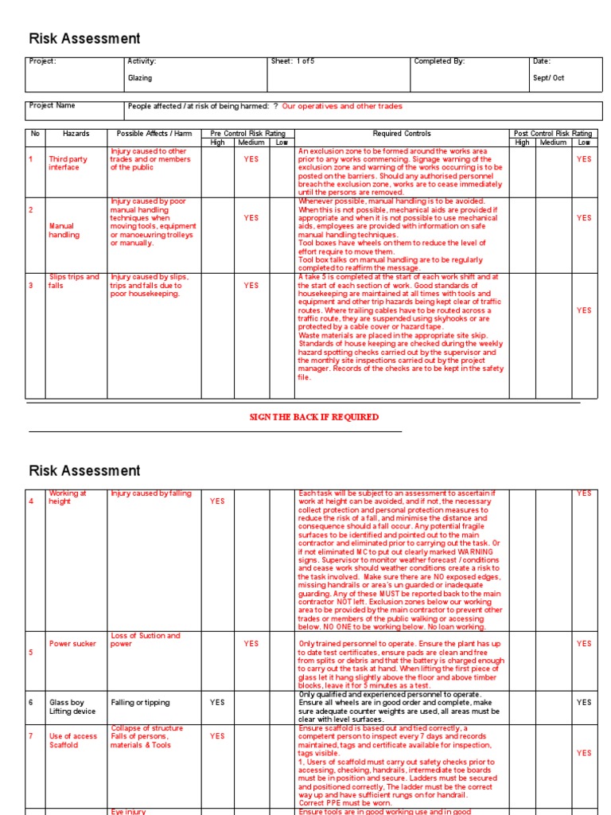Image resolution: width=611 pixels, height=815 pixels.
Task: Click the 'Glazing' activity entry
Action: [x=140, y=78]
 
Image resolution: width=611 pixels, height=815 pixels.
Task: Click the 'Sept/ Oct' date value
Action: [x=548, y=78]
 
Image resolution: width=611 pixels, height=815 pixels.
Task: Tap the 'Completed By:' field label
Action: [x=439, y=61]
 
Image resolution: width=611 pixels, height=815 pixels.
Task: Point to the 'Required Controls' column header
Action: [x=402, y=134]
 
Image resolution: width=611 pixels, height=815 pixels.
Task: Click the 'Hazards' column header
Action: [x=76, y=134]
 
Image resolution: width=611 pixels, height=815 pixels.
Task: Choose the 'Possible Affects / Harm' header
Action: [x=154, y=134]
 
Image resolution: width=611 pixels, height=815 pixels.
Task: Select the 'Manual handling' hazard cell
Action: [x=64, y=231]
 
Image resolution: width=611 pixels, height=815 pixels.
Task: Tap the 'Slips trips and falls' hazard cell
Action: [x=73, y=281]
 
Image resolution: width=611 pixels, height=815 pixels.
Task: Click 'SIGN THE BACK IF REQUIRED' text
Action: [x=314, y=417]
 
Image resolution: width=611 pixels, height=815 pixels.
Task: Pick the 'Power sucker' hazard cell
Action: [x=72, y=644]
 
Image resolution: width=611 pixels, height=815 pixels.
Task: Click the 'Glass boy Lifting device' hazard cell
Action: [x=72, y=707]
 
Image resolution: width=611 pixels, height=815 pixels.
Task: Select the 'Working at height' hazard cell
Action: [x=68, y=497]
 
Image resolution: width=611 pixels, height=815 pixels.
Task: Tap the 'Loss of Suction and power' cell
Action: [x=146, y=640]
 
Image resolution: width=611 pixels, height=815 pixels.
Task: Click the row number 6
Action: [x=32, y=703]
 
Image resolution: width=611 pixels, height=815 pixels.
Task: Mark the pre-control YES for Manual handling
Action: [x=251, y=218]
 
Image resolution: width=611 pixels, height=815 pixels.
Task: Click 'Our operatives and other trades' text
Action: [x=342, y=106]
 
